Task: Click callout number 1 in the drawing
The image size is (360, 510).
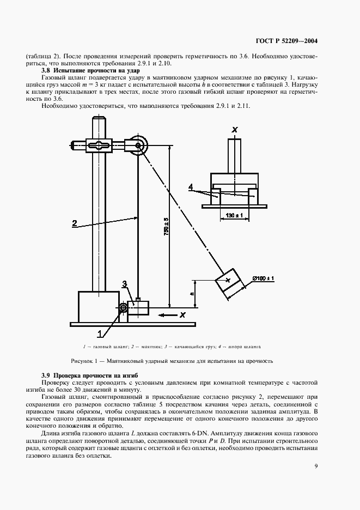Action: click(99, 332)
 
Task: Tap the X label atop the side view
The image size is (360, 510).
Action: click(235, 130)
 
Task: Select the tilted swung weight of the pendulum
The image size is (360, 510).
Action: click(229, 282)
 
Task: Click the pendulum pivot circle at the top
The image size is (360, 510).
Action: click(139, 145)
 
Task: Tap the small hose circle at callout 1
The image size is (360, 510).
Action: click(124, 309)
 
